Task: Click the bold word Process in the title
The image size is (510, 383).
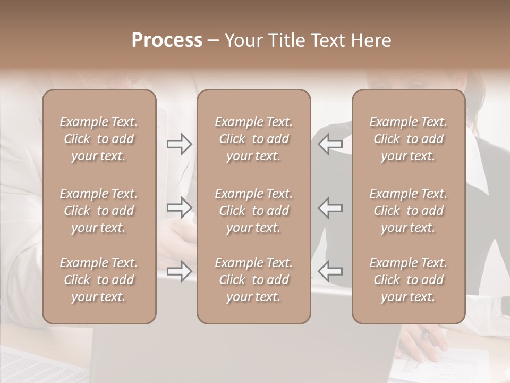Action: click(167, 40)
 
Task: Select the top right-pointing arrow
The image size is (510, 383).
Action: click(180, 144)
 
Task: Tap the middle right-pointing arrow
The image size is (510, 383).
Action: click(180, 207)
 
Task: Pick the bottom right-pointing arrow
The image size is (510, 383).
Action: click(180, 272)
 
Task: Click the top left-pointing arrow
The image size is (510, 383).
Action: click(330, 144)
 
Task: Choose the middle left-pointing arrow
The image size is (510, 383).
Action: click(330, 207)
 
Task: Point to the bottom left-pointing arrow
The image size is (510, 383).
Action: click(330, 272)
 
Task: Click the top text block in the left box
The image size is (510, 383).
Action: click(99, 139)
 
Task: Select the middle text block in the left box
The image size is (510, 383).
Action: click(99, 211)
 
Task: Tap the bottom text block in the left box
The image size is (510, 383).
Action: click(99, 280)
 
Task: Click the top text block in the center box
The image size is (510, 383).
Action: click(254, 139)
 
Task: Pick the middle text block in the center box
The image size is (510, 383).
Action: click(254, 211)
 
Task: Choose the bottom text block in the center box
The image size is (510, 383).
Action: click(254, 280)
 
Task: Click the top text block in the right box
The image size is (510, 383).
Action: click(409, 139)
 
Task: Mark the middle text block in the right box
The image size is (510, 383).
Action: click(409, 211)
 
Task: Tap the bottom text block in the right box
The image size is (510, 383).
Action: click(409, 280)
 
